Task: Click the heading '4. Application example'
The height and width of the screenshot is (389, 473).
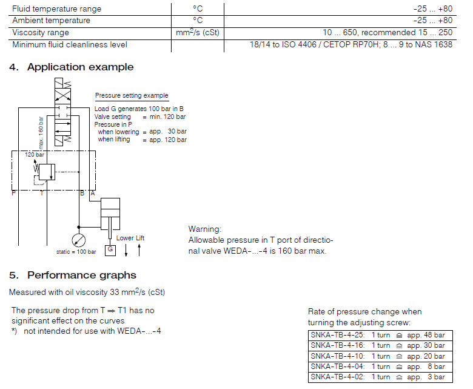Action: [72, 67]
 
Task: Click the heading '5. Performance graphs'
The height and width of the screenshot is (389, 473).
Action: [73, 276]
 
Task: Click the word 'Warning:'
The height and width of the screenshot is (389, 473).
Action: [205, 229]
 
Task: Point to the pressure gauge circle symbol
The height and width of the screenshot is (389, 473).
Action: [78, 240]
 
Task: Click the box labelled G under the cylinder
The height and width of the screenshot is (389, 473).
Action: [110, 249]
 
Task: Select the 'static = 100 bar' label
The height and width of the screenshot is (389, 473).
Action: [76, 251]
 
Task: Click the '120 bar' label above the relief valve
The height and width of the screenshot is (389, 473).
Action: [35, 155]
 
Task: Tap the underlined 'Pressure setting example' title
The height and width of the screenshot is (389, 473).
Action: [132, 96]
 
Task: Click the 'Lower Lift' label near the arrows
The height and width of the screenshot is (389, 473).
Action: [131, 238]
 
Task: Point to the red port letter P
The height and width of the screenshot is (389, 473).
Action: [13, 193]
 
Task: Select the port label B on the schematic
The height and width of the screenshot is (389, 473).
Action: [82, 193]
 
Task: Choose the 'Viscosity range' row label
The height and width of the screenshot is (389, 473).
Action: [41, 32]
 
